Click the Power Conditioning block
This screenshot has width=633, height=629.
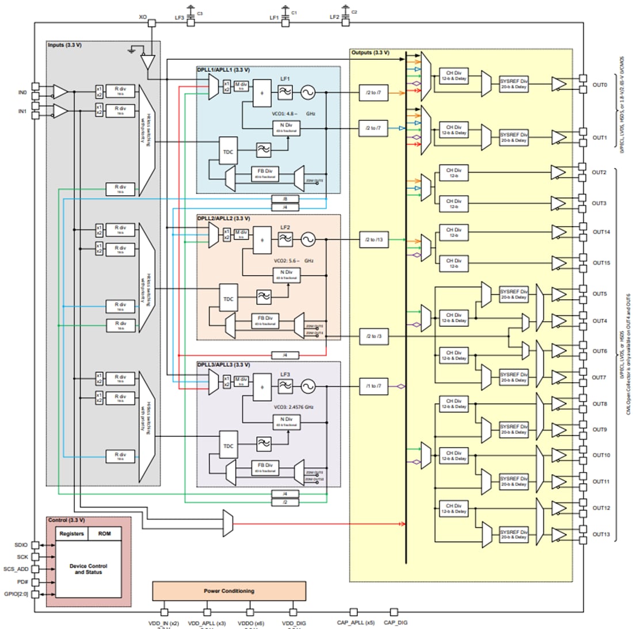(x=228, y=591)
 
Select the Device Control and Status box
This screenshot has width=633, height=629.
(x=88, y=569)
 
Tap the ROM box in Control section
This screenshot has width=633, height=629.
(x=104, y=533)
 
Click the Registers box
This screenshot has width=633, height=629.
(x=71, y=533)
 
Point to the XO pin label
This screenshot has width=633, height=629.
(x=143, y=17)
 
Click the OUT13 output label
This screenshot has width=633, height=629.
(x=601, y=535)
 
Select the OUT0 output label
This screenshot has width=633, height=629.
(x=600, y=85)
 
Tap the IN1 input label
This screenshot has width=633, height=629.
(x=22, y=111)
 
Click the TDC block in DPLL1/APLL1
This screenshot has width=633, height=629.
(x=228, y=152)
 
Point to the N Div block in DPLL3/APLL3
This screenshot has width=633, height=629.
(x=286, y=421)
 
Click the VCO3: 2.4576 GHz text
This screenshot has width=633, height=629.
(x=293, y=407)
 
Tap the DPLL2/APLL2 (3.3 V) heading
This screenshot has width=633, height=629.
(x=223, y=218)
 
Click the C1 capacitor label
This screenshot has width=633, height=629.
(x=294, y=13)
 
